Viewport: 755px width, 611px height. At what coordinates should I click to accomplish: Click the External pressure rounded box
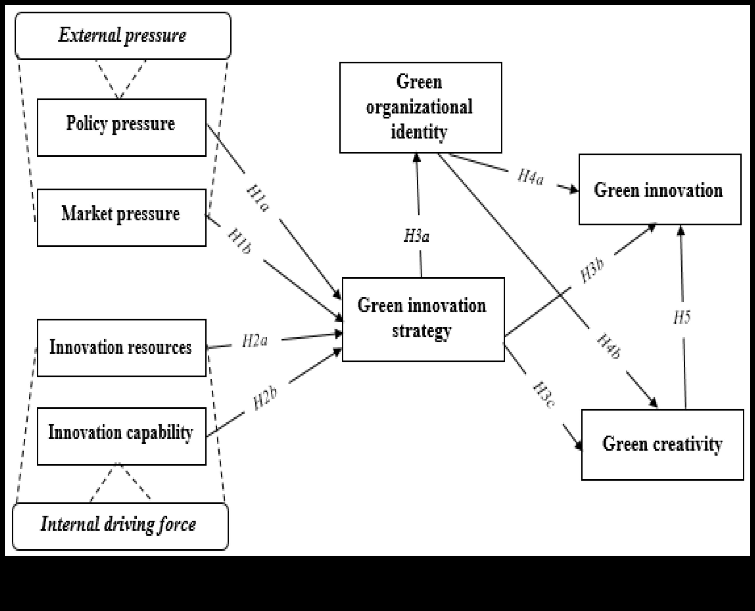tap(123, 35)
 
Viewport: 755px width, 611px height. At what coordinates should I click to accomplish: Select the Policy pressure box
tap(121, 127)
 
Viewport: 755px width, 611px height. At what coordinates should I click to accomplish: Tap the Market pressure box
tap(121, 218)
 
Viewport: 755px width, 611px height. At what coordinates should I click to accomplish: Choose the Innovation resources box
tap(121, 348)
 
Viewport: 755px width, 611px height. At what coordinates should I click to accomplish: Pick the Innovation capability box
tap(121, 436)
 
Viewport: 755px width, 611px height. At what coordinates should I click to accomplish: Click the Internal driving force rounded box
tap(120, 526)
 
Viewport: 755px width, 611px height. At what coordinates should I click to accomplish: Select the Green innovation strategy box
tap(423, 319)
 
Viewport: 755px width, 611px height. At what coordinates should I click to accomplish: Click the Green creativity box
tap(662, 444)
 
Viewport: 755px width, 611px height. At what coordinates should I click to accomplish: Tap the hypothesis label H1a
tap(257, 198)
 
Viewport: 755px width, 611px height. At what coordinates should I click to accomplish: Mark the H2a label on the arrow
tap(255, 341)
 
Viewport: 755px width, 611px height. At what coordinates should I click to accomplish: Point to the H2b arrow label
tap(265, 398)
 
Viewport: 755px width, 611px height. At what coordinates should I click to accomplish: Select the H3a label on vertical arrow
tap(417, 236)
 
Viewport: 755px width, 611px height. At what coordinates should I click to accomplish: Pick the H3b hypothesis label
tap(592, 270)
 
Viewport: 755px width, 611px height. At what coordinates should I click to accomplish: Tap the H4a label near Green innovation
tap(530, 177)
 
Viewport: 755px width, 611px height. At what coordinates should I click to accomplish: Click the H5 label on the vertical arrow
tap(682, 317)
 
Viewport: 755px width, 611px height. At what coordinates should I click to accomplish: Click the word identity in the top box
tap(419, 132)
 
